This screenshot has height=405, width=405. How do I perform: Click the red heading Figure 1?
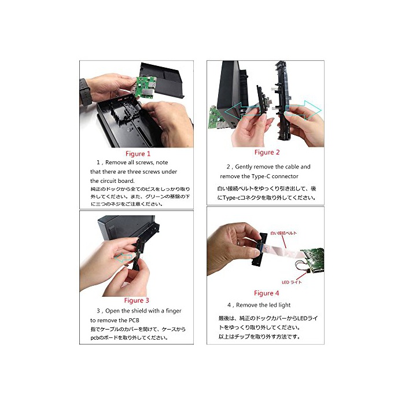click(x=138, y=154)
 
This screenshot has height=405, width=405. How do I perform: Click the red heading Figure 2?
click(x=267, y=152)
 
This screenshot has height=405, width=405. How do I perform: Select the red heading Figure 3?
click(x=137, y=300)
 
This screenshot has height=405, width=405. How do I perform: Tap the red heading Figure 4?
click(x=266, y=293)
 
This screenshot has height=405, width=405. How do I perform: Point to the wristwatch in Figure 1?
click(x=84, y=91)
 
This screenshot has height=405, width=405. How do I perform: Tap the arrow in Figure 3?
click(x=123, y=258)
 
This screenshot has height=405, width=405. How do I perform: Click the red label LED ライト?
click(x=292, y=282)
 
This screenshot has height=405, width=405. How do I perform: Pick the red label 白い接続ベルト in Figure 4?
click(x=283, y=233)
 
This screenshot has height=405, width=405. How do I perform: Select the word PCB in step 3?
click(x=134, y=321)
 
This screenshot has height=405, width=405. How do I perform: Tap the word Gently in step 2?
click(x=244, y=167)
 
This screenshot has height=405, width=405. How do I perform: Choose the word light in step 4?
click(x=285, y=305)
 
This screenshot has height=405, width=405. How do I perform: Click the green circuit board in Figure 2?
click(x=217, y=118)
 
